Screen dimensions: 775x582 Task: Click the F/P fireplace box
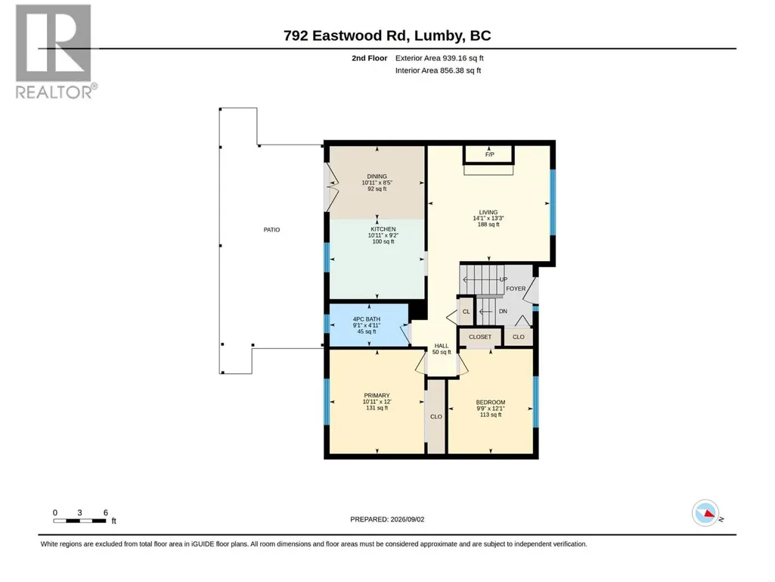489,154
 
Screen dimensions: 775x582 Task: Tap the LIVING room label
488,213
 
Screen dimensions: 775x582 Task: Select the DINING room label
377,176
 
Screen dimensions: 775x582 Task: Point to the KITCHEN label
383,229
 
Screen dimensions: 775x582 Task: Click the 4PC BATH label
366,319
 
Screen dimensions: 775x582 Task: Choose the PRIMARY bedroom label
377,395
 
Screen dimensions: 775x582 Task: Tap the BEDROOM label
490,403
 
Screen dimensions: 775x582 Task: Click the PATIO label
271,229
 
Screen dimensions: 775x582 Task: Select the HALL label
442,346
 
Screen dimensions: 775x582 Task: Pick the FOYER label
516,288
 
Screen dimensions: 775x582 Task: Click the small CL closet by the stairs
466,311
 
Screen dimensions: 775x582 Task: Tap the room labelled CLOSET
480,337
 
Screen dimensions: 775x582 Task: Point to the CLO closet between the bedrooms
436,417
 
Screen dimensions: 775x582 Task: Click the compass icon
705,513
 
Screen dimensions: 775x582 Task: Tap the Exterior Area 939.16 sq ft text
439,58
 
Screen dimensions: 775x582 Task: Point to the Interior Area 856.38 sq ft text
438,70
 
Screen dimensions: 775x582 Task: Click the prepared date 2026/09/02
408,519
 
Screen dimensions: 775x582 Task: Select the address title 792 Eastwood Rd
345,36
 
